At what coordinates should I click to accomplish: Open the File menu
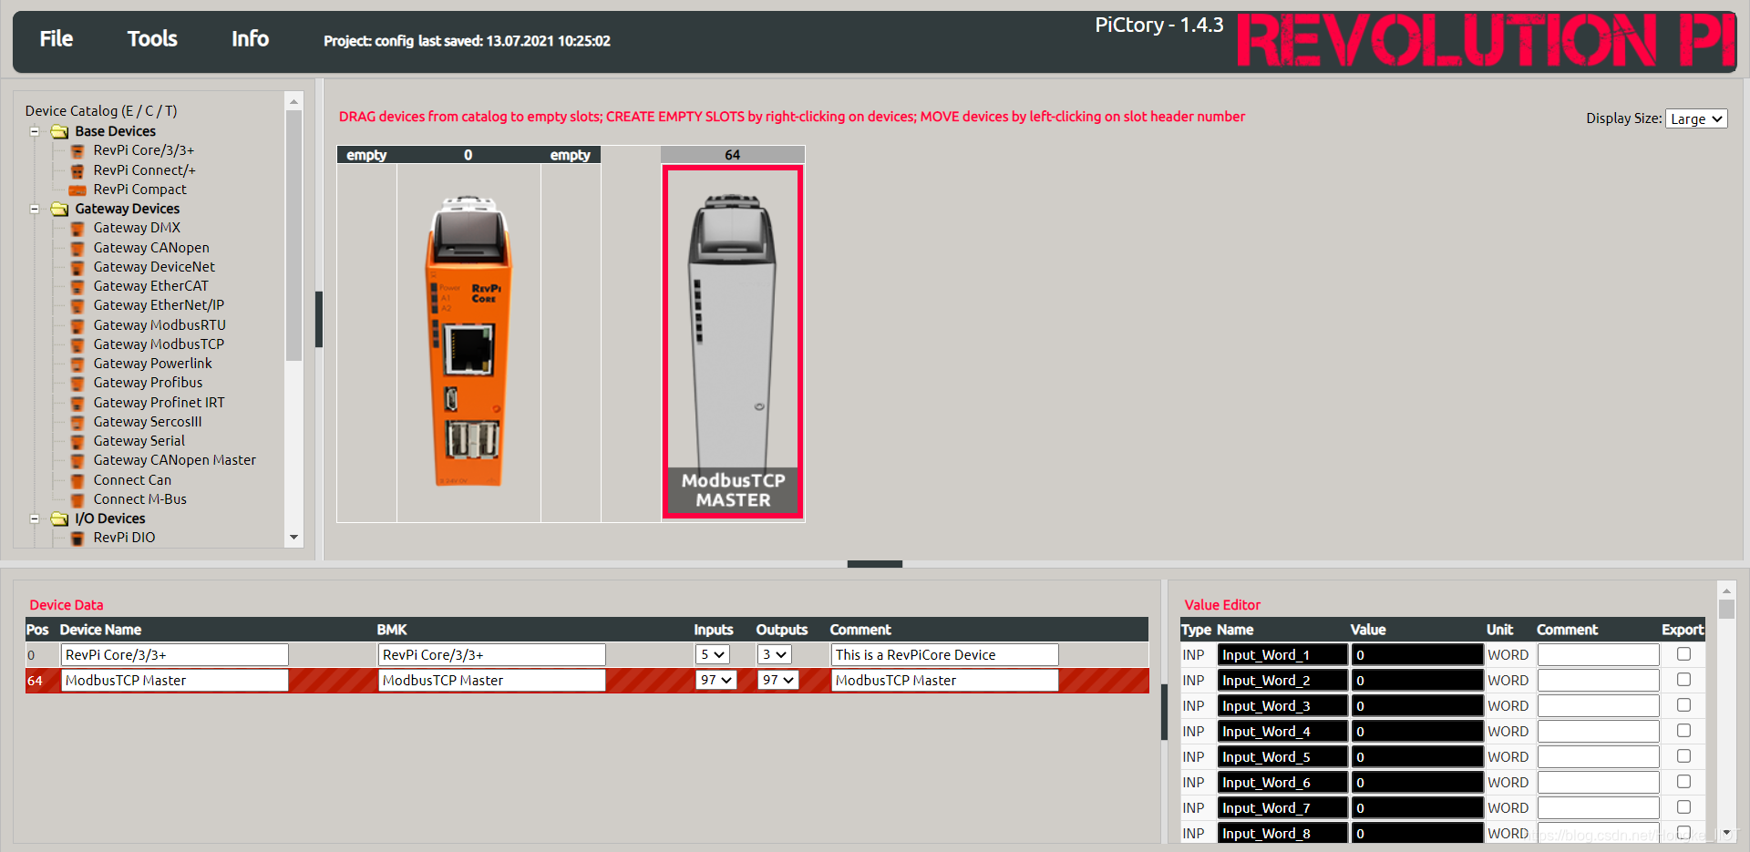56,38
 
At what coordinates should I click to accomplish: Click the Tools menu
152,38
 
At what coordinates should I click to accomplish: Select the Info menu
250,38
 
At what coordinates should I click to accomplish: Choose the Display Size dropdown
1696,118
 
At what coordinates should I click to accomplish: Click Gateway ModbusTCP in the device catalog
159,344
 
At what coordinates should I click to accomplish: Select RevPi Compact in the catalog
139,189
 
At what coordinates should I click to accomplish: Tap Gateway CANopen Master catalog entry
174,460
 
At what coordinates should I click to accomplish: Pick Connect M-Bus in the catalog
139,499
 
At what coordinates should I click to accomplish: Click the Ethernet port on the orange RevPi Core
468,349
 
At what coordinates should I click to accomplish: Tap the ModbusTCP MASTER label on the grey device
733,490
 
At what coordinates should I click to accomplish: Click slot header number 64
733,155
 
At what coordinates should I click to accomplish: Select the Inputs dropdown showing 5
713,654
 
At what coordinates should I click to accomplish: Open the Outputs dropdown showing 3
775,654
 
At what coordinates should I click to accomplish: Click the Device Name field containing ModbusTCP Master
174,680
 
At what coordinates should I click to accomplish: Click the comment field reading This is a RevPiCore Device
944,654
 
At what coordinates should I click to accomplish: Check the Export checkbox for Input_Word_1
1683,654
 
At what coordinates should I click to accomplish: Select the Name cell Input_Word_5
1282,756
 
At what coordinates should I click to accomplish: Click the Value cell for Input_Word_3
1417,705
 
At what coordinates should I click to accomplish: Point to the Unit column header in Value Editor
1499,630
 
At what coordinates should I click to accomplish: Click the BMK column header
392,630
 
